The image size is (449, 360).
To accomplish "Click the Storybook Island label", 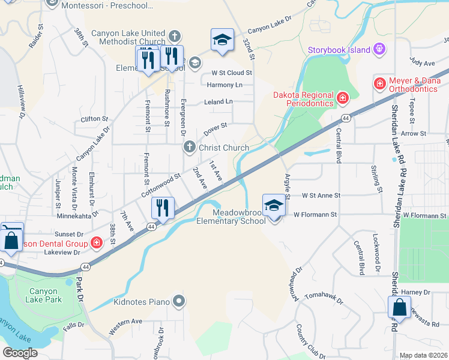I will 339,50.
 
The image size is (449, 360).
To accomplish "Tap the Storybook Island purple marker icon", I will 378,49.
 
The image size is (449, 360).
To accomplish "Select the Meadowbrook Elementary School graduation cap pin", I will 273,206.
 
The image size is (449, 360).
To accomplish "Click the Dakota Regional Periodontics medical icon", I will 342,97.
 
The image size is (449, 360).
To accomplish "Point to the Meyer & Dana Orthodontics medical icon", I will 379,83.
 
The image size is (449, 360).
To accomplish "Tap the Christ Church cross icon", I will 189,147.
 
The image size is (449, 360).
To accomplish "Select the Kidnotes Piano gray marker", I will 178,301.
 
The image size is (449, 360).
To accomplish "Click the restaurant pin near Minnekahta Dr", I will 163,208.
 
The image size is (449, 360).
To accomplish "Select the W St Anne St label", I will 321,196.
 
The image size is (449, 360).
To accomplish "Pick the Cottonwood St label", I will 161,186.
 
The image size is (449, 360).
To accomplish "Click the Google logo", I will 20,353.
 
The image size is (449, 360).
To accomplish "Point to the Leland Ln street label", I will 218,102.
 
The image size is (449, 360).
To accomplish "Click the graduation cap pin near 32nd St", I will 222,40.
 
